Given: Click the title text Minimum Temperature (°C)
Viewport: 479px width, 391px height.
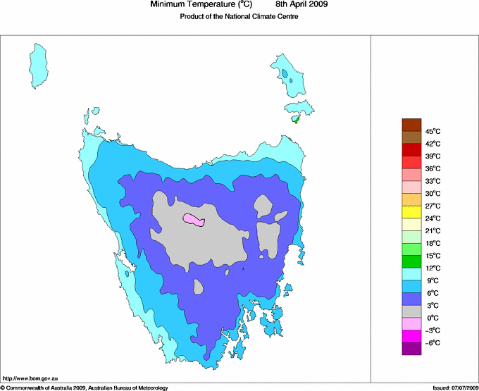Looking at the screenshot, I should point(201,5).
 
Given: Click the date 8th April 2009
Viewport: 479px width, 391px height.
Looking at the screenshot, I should point(305,5).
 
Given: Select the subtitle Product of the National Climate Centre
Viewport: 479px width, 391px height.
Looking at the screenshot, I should point(240,17).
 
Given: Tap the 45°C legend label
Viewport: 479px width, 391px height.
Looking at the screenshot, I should point(432,131).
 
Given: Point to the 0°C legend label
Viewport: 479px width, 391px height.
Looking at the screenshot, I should point(432,318).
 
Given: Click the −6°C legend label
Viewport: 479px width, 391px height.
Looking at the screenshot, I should point(432,342).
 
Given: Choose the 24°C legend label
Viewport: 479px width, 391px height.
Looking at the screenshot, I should point(432,218).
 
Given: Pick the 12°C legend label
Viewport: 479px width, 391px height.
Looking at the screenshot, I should point(432,268).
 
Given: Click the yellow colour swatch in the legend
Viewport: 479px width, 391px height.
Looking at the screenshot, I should point(411,212).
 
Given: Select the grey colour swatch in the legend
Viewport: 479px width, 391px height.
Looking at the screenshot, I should point(411,311).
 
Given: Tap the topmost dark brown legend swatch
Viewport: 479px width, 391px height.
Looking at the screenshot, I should point(411,125).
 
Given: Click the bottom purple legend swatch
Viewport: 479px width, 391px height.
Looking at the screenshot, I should point(411,349).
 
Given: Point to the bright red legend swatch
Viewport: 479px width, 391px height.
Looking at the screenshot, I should point(411,162).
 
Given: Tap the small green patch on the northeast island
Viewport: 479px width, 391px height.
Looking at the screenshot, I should point(296,120).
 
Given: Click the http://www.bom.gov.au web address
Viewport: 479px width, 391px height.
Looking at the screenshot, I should point(30,379).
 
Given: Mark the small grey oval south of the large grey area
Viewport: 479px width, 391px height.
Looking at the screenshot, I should point(199,287).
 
